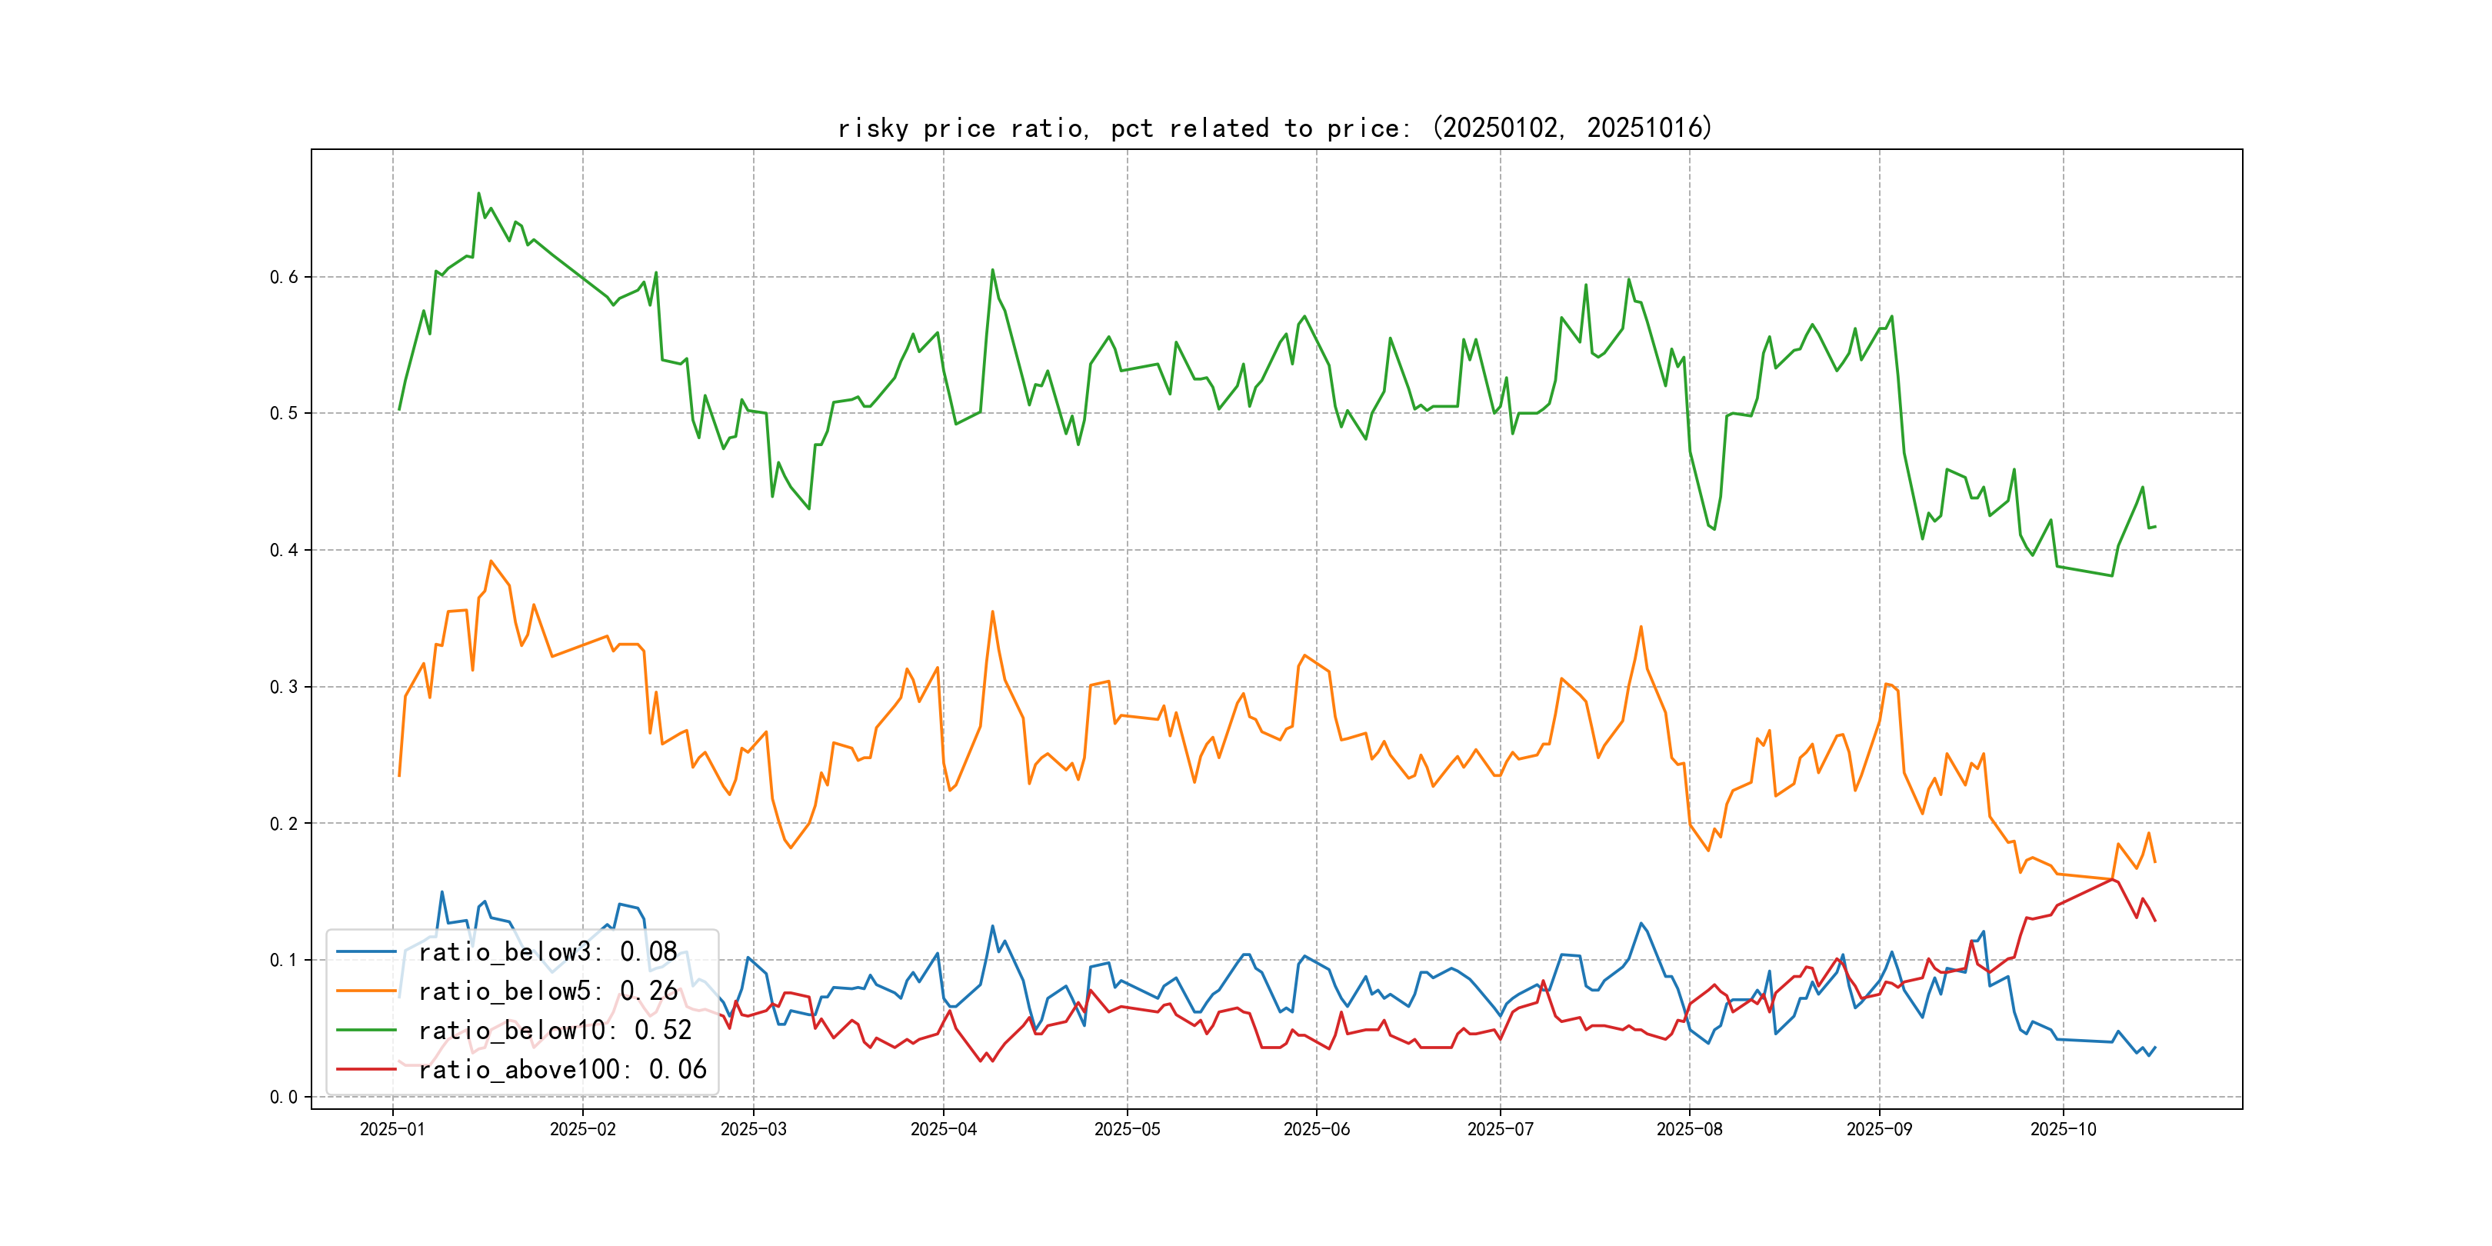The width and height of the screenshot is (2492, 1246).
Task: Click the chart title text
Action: (1275, 128)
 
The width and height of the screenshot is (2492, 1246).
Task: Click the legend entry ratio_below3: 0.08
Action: (548, 952)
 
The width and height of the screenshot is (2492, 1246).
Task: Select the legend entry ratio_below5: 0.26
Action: (548, 991)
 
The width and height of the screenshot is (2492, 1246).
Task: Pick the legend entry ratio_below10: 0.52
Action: (555, 1031)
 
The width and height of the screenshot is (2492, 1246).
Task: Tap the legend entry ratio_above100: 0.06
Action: (562, 1070)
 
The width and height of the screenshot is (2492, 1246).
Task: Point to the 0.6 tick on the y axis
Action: (284, 278)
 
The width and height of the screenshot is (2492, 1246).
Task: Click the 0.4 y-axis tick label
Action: (284, 551)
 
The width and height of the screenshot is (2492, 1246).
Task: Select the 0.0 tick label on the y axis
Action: (284, 1097)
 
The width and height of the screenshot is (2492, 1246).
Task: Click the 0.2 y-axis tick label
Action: (284, 825)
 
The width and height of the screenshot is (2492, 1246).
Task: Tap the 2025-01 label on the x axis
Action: (393, 1130)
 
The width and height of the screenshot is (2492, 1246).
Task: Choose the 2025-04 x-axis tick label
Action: (943, 1130)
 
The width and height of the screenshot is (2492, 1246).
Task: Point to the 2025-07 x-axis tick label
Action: (1501, 1130)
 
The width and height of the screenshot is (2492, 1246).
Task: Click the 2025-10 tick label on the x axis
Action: (2064, 1130)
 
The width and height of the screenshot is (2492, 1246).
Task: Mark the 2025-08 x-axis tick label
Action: (1689, 1130)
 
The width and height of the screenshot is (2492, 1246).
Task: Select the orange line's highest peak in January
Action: (491, 561)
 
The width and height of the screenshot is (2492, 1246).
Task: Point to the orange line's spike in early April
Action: (992, 611)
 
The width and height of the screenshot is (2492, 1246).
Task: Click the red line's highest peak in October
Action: (2114, 879)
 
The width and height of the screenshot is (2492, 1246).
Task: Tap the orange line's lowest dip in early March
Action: (791, 848)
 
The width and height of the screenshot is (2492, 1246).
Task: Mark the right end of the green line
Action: (2155, 526)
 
